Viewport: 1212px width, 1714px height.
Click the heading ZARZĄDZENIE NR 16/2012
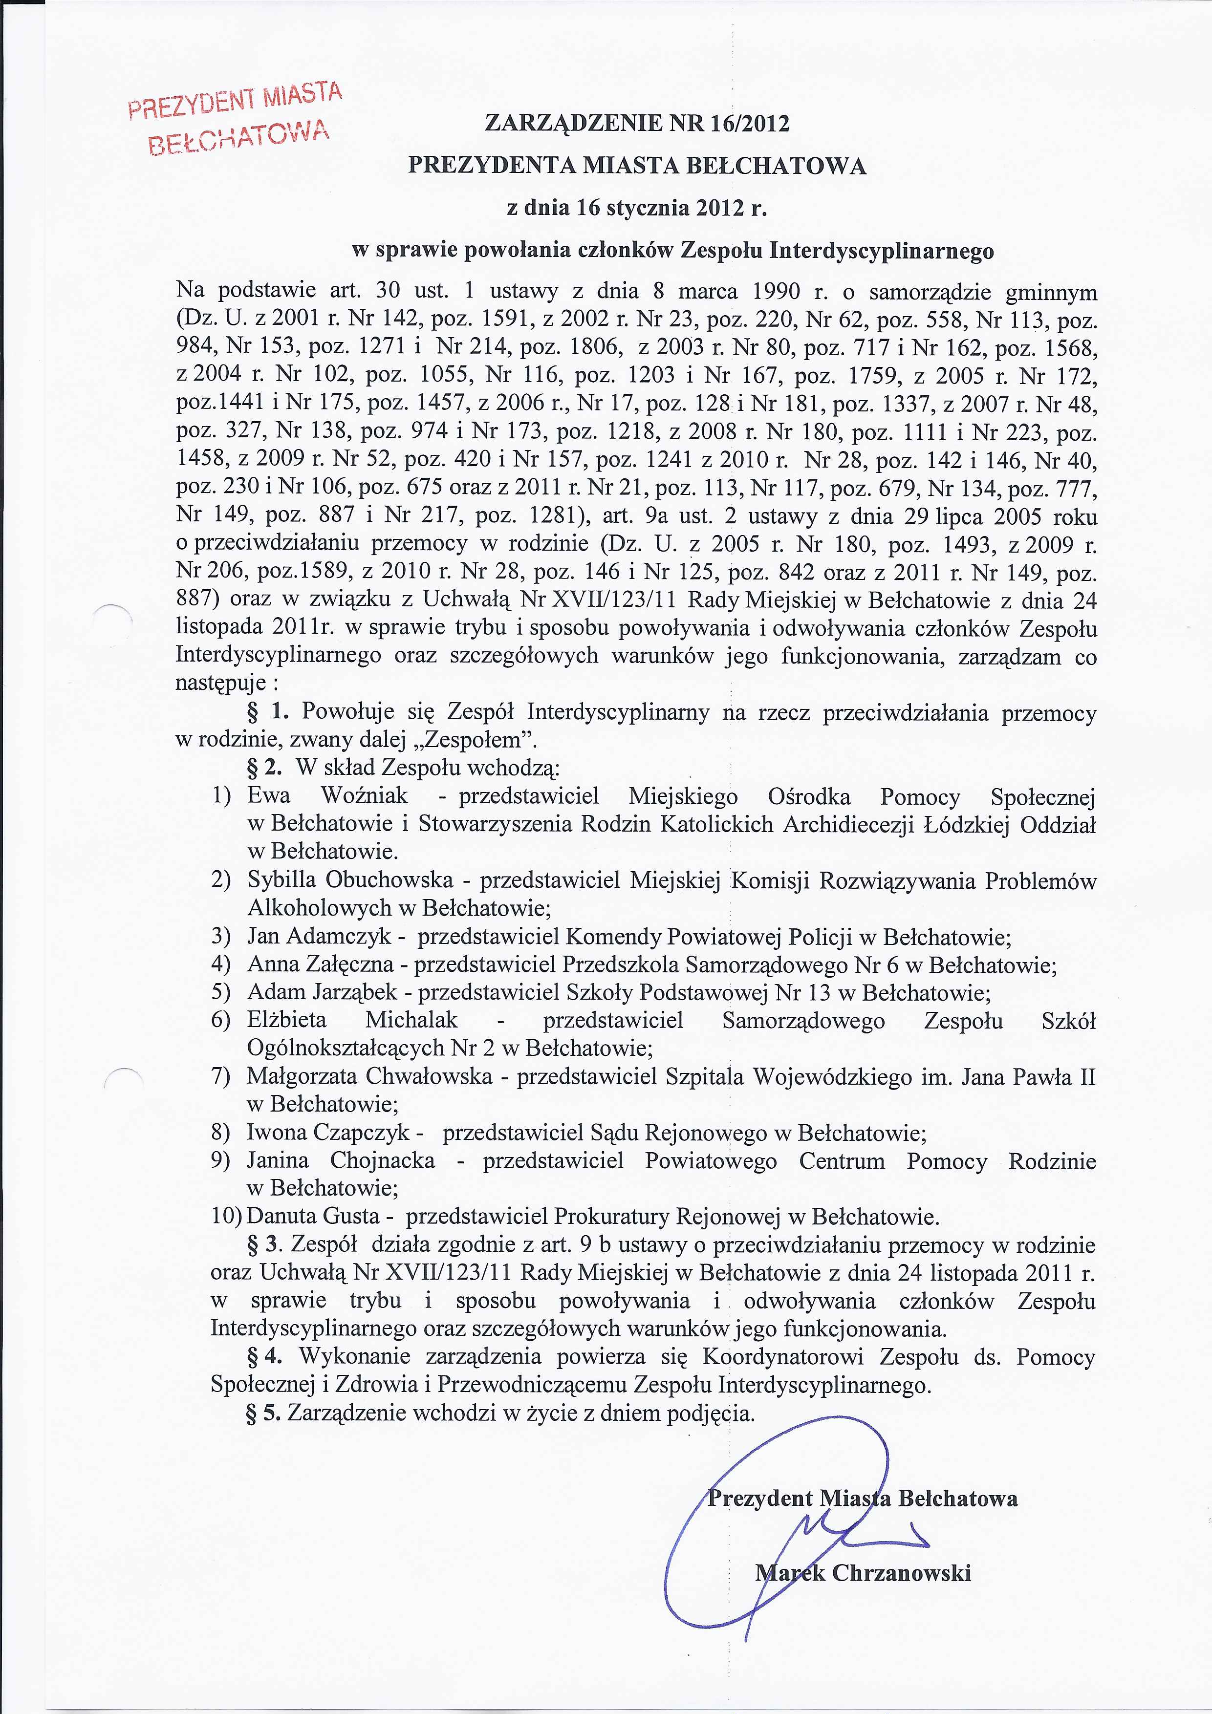pyautogui.click(x=637, y=123)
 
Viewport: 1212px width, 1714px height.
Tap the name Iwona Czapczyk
pyautogui.click(x=328, y=1133)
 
